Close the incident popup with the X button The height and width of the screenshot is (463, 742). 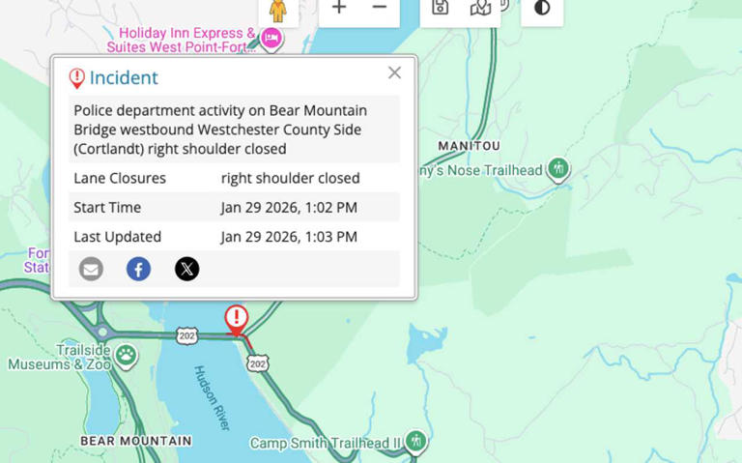point(394,72)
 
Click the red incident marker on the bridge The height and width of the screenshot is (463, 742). point(236,318)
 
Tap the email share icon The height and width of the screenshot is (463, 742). point(91,269)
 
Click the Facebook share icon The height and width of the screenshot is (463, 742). point(138,269)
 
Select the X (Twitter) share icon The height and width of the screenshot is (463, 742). point(186,269)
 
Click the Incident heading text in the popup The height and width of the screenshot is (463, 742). point(124,78)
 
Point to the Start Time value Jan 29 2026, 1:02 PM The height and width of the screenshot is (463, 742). point(289,207)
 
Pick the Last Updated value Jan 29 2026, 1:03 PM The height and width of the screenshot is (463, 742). point(289,237)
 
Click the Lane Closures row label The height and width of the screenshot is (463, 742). point(120,178)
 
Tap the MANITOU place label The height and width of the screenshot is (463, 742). point(469,146)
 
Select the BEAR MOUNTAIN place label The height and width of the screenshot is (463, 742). point(135,441)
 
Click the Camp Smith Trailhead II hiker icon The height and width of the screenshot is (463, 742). point(415,441)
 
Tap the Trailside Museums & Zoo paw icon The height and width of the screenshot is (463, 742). point(126,355)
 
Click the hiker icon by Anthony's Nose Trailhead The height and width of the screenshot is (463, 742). point(557,169)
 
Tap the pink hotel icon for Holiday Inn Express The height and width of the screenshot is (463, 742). point(271,38)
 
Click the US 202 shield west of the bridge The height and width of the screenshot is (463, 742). point(187,335)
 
